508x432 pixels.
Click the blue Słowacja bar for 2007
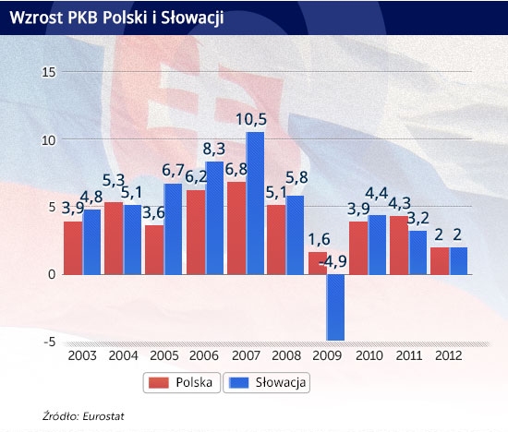pos(255,203)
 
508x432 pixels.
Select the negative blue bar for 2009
pos(335,307)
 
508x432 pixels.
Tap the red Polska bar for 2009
pos(318,263)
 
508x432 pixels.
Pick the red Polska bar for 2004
pos(114,238)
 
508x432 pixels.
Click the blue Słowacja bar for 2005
pos(173,229)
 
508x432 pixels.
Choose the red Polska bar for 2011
pos(399,246)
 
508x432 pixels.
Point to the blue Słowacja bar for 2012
pos(458,261)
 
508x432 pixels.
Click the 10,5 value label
pos(251,119)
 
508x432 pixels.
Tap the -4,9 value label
pos(333,261)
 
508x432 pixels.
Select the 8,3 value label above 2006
pos(214,149)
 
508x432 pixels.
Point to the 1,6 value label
pos(319,240)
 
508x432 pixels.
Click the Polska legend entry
pos(182,382)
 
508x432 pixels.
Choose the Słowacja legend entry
pos(266,382)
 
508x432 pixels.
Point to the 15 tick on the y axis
pos(49,72)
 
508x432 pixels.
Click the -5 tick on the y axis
pos(50,342)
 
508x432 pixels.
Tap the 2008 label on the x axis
pos(286,355)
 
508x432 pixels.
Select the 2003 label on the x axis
pos(82,355)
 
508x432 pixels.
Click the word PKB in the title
pos(82,18)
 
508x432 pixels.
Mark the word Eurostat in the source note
pos(103,416)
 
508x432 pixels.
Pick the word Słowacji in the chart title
pos(192,18)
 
